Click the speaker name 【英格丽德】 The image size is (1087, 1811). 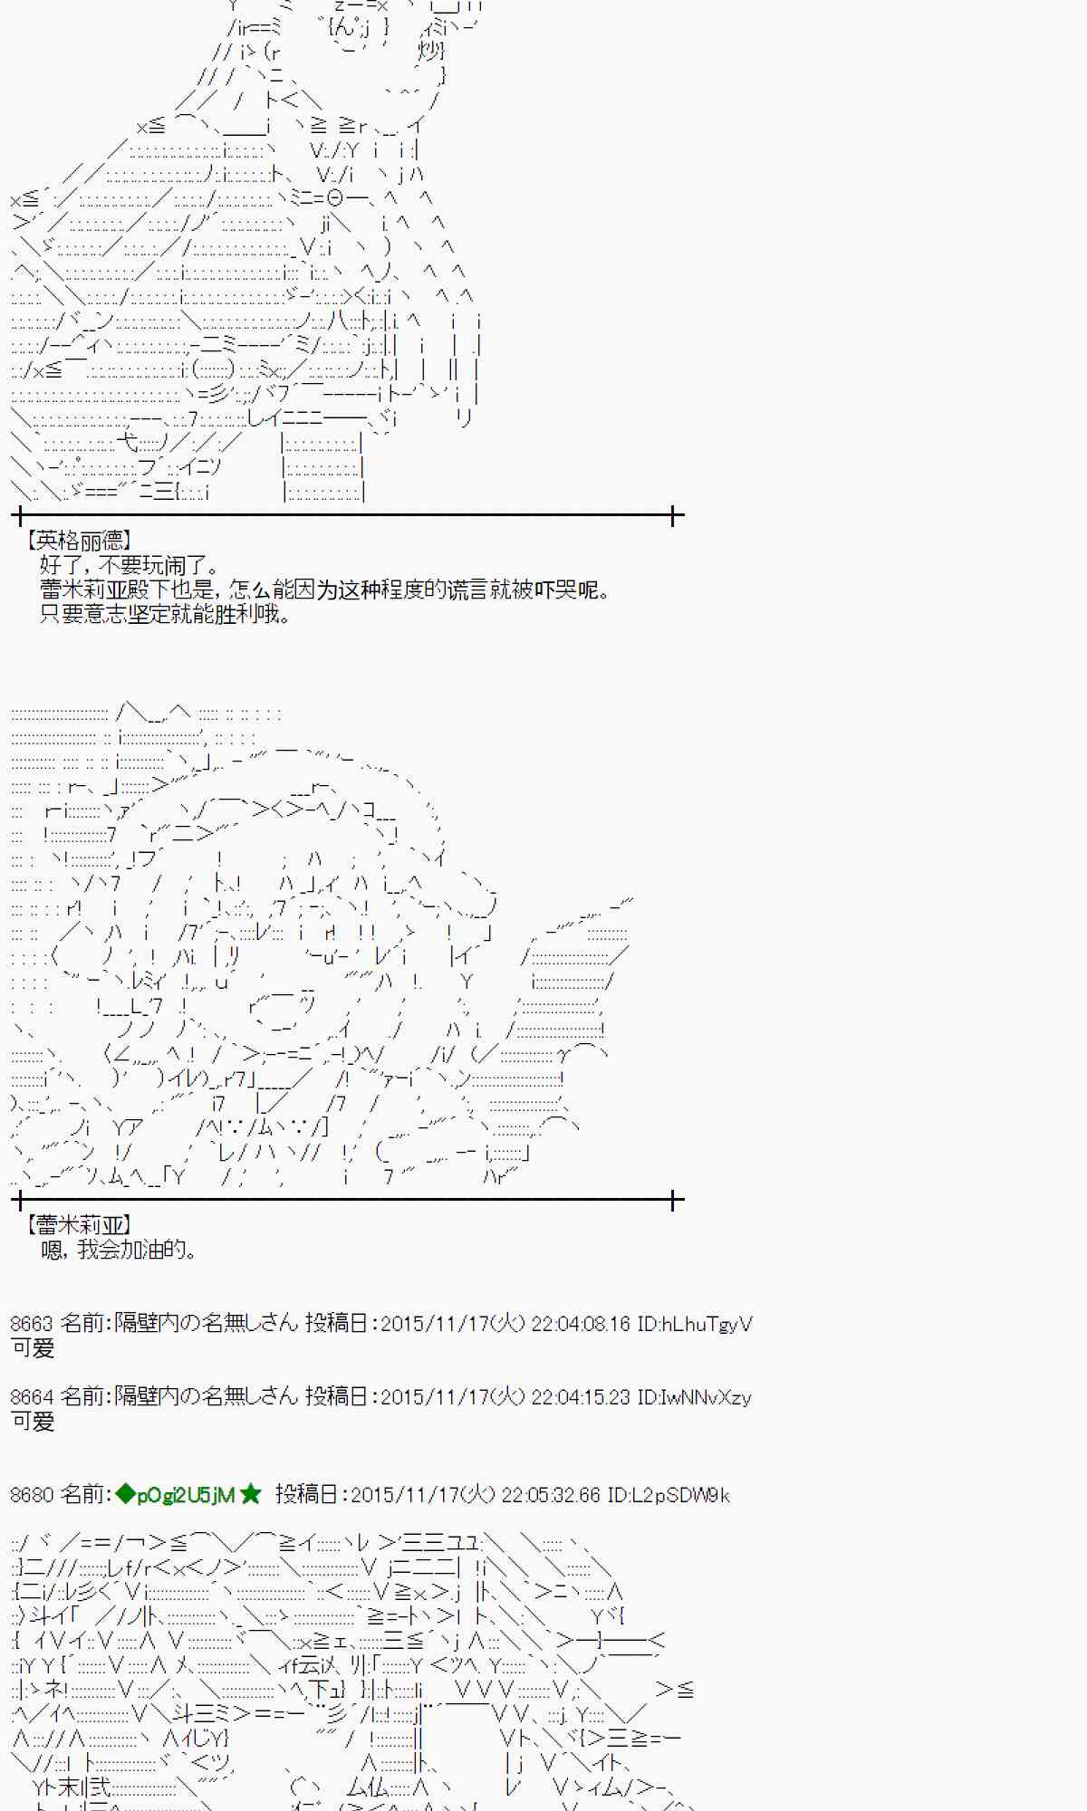click(80, 541)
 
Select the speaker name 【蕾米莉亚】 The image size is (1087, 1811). click(80, 1225)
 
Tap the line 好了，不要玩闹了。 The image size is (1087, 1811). click(130, 566)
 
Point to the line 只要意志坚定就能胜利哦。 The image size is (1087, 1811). click(166, 614)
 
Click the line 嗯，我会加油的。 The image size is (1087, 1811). click(119, 1250)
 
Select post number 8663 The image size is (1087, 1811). click(32, 1324)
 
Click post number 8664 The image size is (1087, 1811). click(32, 1397)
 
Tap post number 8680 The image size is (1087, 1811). click(32, 1495)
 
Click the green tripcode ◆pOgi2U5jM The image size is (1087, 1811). click(176, 1495)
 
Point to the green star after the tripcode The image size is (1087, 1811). click(251, 1494)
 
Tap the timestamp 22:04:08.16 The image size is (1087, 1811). click(580, 1324)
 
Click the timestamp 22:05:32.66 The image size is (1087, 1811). click(550, 1495)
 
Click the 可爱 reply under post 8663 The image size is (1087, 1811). click(33, 1348)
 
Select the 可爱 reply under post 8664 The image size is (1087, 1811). click(33, 1422)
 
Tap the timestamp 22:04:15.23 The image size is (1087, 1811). click(580, 1397)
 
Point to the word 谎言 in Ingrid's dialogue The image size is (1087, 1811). click(466, 590)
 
